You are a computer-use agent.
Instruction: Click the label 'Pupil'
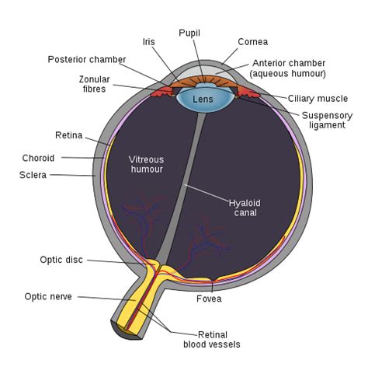point(189,33)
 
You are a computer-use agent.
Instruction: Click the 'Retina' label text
point(68,135)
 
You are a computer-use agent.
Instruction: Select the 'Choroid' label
point(38,158)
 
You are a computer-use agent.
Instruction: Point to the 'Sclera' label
point(33,175)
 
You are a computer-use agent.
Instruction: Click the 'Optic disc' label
point(61,260)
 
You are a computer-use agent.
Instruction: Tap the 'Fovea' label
point(209,298)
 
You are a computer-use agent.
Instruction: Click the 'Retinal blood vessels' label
point(211,338)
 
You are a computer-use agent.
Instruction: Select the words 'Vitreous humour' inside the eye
point(147,163)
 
